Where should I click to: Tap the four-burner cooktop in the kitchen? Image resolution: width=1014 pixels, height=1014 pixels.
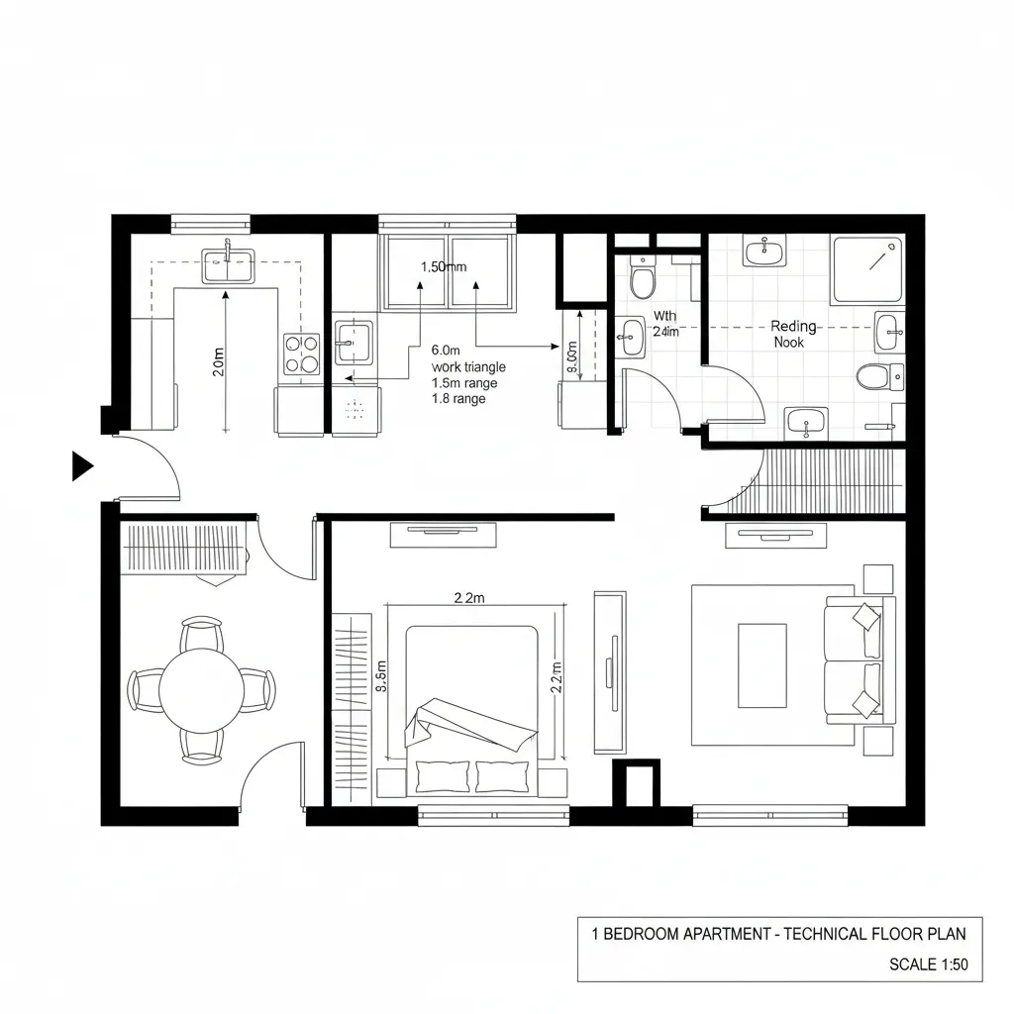(302, 354)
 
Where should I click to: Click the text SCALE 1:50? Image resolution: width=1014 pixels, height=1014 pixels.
(928, 964)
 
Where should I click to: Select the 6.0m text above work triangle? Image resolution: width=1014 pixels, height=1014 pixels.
(447, 350)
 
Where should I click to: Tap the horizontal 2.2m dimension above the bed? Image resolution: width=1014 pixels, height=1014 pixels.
(468, 597)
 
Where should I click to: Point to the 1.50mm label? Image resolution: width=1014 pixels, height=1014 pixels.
(444, 266)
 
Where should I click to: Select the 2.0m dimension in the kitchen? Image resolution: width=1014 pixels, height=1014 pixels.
(219, 362)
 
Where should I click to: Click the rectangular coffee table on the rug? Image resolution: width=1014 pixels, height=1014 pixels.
(761, 665)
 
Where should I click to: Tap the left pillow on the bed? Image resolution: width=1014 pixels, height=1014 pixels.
(443, 775)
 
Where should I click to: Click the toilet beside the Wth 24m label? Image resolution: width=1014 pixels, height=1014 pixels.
(642, 279)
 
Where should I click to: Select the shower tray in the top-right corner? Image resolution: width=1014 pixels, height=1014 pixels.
(867, 269)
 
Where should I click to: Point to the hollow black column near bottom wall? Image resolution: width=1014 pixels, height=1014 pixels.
(636, 783)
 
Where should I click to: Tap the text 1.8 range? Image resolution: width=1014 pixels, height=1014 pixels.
(458, 399)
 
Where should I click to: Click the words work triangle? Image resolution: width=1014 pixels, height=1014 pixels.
(467, 366)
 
